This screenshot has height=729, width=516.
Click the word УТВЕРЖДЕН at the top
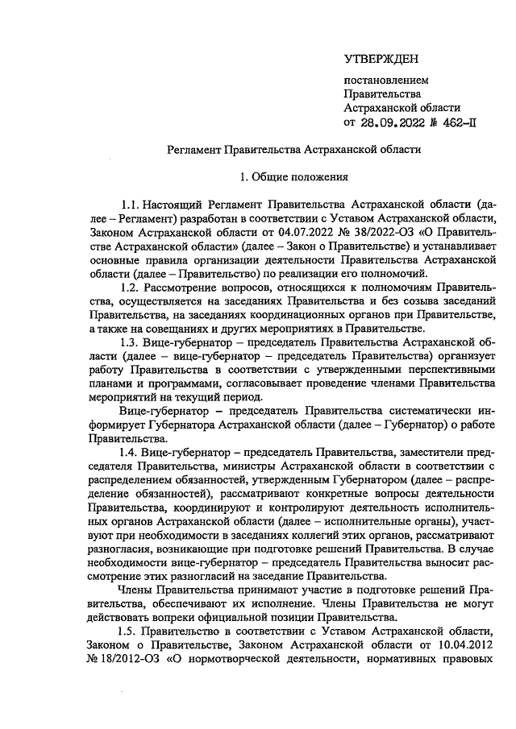pyautogui.click(x=381, y=60)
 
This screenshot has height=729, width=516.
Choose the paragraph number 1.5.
pyautogui.click(x=128, y=629)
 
